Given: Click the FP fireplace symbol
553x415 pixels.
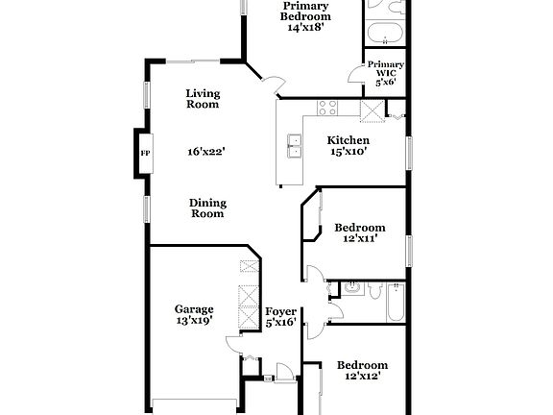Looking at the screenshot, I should click(145, 152).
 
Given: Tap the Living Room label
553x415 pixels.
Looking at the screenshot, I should click(203, 99).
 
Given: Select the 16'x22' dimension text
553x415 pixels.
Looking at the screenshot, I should click(206, 151).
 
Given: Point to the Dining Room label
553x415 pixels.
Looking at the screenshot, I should click(206, 207).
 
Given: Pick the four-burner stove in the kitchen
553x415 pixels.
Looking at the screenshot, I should click(329, 108).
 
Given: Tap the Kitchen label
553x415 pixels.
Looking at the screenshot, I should click(348, 139).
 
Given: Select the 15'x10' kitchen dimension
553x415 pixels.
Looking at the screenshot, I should click(348, 152).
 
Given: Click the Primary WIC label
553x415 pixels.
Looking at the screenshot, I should click(386, 72).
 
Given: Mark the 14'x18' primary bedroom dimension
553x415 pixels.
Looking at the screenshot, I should click(305, 28).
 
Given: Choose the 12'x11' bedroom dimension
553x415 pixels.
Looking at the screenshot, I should click(360, 240).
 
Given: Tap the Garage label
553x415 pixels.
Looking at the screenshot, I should click(194, 309).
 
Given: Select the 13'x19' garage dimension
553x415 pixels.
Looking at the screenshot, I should click(194, 322).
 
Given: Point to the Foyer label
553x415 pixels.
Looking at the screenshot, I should click(280, 310).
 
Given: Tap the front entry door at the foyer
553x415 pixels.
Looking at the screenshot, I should click(284, 372).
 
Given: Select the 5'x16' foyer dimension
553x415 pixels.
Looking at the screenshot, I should click(280, 323).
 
